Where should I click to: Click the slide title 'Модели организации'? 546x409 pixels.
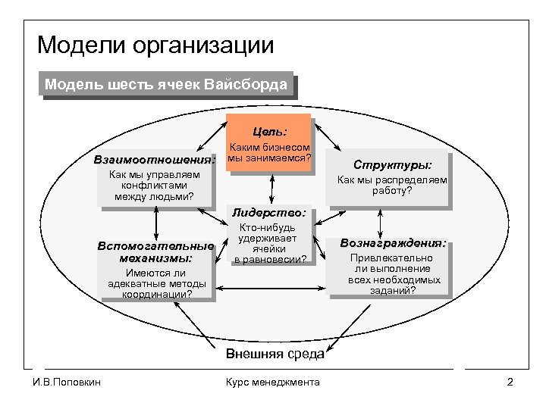point(155,45)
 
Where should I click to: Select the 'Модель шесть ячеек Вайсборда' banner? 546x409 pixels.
point(165,84)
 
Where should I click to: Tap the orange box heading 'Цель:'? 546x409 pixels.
point(270,131)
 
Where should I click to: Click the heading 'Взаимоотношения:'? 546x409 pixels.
point(155,161)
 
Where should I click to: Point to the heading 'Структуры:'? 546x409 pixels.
point(393,164)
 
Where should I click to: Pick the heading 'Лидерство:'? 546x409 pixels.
point(271,214)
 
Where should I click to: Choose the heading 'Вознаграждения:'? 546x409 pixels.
point(393,243)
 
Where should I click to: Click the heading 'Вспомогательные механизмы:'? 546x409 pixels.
point(155,252)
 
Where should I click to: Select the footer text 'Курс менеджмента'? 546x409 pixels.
point(273,382)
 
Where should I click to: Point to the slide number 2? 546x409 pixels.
point(510,382)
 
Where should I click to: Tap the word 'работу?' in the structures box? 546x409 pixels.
point(392,192)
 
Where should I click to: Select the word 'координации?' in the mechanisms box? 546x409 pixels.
point(156,295)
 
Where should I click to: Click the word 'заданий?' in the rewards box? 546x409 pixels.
point(393,290)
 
